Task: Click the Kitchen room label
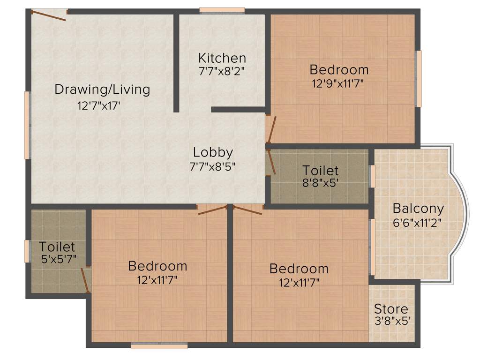pos(222,58)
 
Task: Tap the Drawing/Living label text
pos(102,89)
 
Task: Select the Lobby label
pos(213,152)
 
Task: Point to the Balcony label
pos(418,208)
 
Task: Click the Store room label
pos(391,309)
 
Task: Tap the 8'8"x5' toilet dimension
pos(321,182)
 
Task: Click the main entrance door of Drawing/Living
pos(49,15)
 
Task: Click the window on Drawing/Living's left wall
pos(28,125)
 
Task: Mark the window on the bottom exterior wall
pos(159,346)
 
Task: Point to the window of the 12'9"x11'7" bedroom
pos(418,78)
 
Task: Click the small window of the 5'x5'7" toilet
pos(27,251)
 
